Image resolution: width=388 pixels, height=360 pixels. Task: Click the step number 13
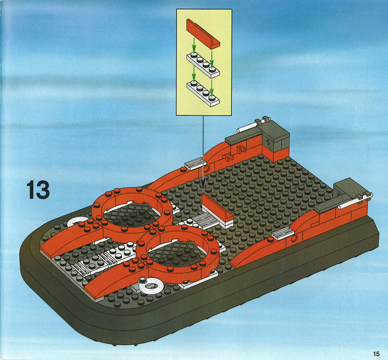coord(38,189)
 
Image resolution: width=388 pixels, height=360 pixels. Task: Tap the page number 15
coord(376,354)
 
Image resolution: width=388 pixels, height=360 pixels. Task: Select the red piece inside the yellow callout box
coord(203,33)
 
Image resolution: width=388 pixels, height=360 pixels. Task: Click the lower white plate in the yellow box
coord(203,93)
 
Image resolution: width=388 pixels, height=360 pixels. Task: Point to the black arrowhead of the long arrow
coord(203,189)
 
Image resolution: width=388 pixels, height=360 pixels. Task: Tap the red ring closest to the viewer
coord(178,255)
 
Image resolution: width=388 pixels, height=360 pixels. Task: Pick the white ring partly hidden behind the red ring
coord(77,221)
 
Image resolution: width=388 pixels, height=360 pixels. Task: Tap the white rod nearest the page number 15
coord(354,201)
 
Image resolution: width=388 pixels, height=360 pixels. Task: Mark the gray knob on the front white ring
coord(142,280)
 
